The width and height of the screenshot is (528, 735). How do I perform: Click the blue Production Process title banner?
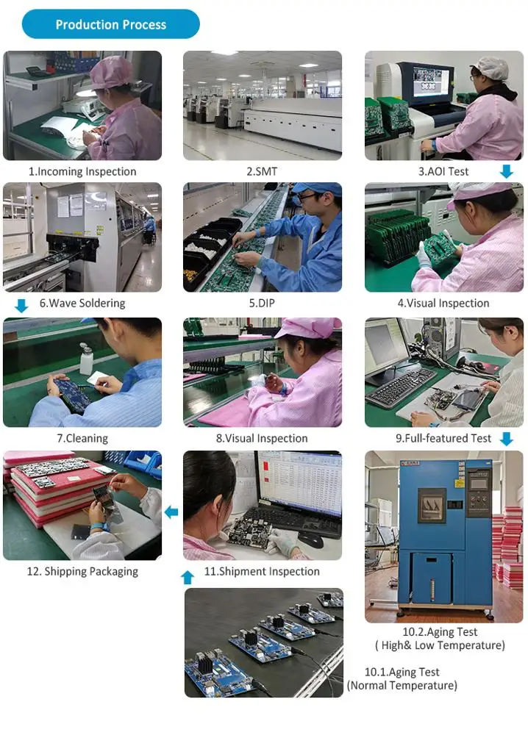coord(110,24)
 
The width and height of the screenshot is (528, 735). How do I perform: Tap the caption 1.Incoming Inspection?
coord(82,171)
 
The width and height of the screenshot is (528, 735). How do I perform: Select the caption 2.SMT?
coord(262,171)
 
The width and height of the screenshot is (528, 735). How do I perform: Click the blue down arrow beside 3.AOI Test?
coord(507,171)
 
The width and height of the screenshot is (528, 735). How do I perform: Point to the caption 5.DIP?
coord(262,304)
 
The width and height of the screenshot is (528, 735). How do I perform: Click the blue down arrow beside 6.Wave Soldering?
coord(21,306)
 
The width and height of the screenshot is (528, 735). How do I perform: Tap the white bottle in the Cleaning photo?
coord(86,359)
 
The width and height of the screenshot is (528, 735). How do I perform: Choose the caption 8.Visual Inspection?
coord(262,438)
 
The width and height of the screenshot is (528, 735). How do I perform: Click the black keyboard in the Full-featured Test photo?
coord(402,387)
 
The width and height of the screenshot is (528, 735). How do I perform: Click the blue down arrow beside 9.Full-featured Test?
coord(507,439)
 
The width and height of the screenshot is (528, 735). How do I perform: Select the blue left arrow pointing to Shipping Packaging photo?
coord(171,512)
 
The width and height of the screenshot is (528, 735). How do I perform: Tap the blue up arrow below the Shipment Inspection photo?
coord(188,578)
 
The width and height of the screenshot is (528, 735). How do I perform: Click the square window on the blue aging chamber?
coord(432,505)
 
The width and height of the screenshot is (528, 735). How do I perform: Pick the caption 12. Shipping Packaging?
coord(82,571)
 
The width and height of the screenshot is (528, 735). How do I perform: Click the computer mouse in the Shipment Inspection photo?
coord(310,540)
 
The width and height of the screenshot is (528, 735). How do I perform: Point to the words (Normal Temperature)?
coord(402,685)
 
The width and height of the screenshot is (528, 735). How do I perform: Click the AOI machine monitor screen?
coord(428,83)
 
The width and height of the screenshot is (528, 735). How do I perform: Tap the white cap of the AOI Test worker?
coord(492,68)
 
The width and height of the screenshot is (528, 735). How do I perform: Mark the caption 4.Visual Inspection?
coord(443,304)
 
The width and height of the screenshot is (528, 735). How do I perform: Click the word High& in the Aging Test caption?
coord(396,645)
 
